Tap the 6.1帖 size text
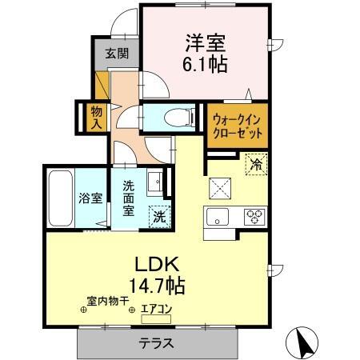(206, 64)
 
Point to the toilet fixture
(178, 118)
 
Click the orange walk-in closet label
(237, 126)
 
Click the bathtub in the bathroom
(59, 198)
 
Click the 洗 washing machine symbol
(160, 215)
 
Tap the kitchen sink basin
(219, 216)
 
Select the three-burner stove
(255, 215)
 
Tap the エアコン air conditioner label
(156, 308)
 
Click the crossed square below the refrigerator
(219, 189)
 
